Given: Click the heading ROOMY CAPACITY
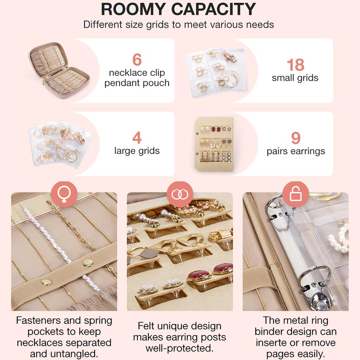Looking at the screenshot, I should coord(178,9).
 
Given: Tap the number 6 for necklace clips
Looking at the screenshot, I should coord(137,60).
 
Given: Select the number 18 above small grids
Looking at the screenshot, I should coord(295,65).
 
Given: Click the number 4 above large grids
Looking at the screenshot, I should coord(137,138).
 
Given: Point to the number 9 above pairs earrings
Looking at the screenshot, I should coord(296,139).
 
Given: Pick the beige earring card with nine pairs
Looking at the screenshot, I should coord(214,144).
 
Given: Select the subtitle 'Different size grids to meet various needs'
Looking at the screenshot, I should coord(178,25).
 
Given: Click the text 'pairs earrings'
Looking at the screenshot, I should coord(296,152).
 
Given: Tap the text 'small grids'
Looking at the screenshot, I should coord(295,78).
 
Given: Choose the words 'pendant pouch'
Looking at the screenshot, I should coord(137,83).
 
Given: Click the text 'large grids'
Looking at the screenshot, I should coord(137,151).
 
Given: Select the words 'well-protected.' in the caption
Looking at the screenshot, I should coord(180,348).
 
